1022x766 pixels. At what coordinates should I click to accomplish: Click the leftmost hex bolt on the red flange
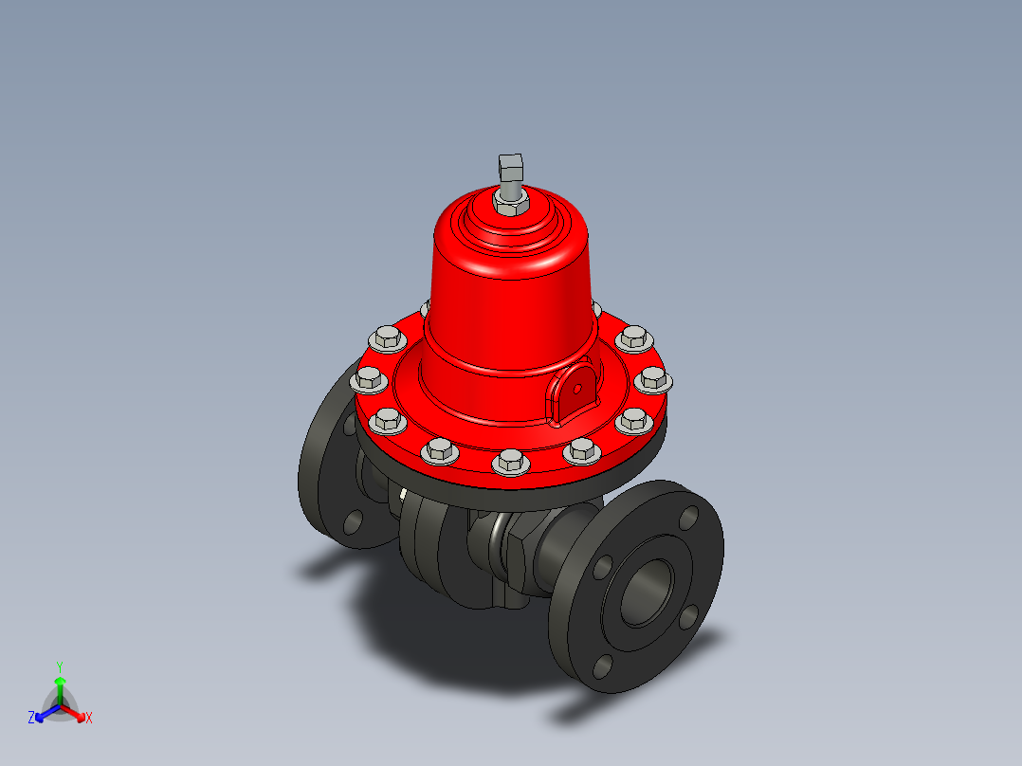click(x=368, y=381)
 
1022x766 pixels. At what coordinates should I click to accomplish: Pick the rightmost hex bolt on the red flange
click(x=653, y=380)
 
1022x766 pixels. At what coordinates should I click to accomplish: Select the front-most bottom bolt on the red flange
click(x=509, y=462)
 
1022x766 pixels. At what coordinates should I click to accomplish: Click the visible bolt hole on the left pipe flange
click(x=353, y=520)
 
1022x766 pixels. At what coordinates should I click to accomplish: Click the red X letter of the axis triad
click(x=89, y=719)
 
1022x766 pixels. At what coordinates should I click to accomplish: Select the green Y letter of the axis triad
click(x=60, y=666)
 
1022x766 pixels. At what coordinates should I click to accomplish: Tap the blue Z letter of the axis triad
click(x=31, y=719)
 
